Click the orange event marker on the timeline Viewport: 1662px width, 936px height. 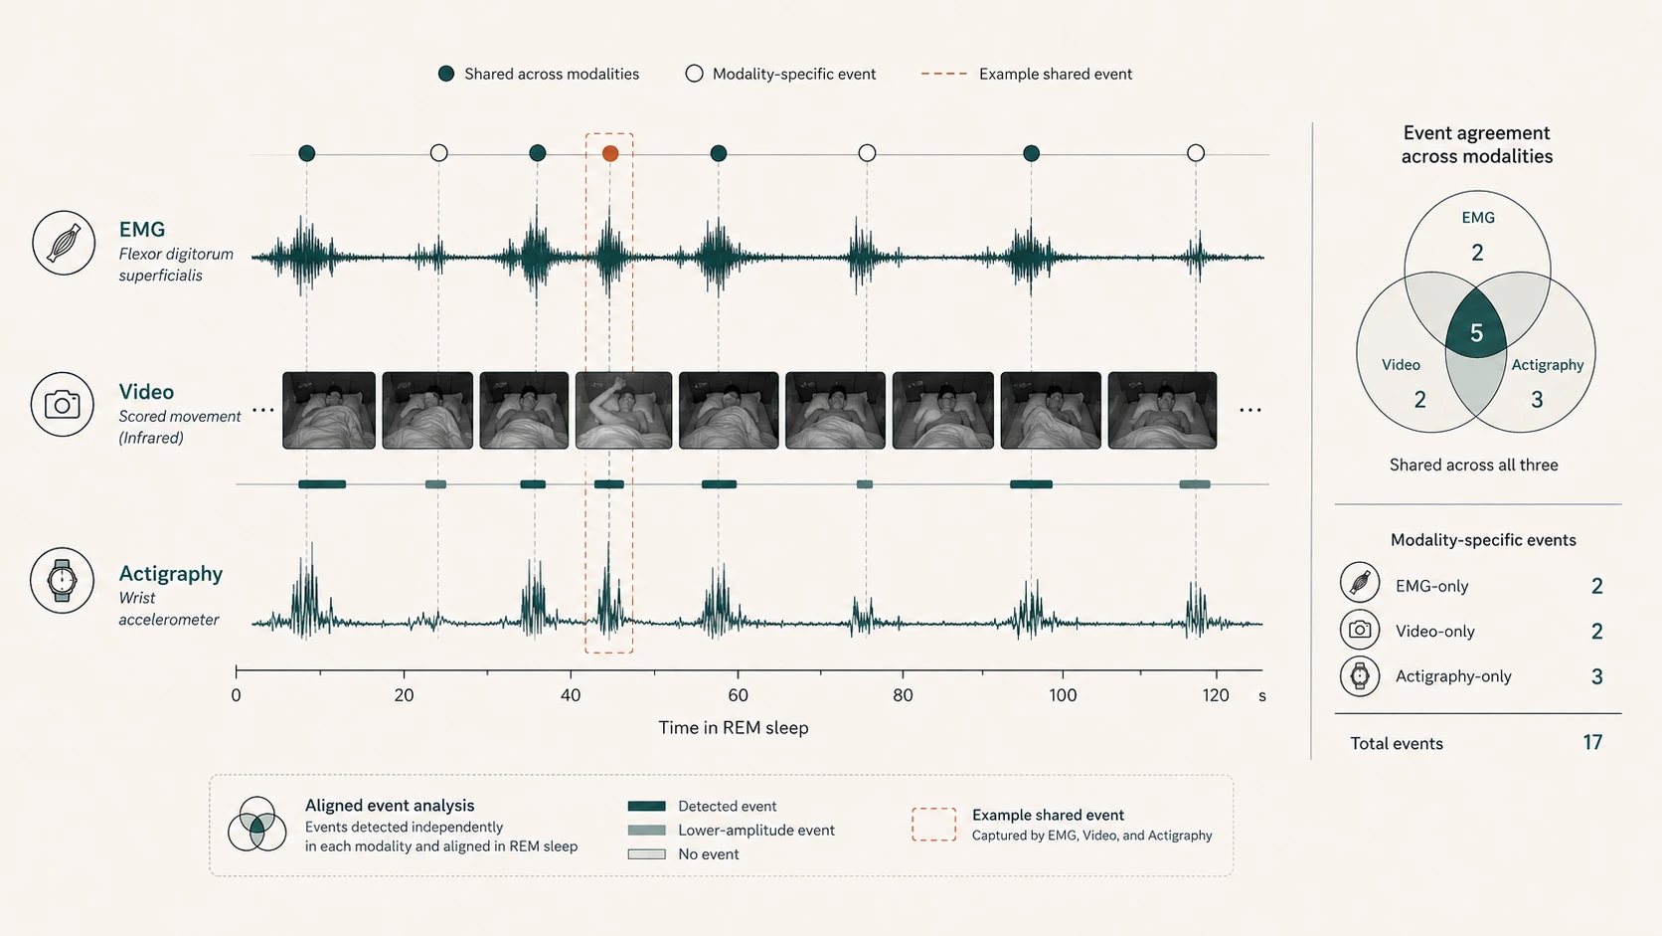click(x=610, y=153)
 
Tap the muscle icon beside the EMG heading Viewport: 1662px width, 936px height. click(x=64, y=243)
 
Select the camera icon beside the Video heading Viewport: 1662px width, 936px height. click(x=63, y=405)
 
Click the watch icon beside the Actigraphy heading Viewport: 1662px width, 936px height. click(x=63, y=581)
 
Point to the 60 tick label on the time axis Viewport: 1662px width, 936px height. click(x=738, y=695)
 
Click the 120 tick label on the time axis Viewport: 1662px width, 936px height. click(x=1216, y=695)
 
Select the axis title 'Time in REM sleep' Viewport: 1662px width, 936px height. click(x=733, y=727)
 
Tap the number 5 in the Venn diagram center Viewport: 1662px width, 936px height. click(x=1476, y=333)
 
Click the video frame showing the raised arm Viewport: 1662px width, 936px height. click(x=623, y=411)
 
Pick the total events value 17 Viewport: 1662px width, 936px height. click(x=1592, y=742)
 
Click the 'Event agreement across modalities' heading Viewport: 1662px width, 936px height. click(x=1476, y=145)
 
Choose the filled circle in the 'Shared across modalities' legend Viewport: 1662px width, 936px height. click(x=446, y=74)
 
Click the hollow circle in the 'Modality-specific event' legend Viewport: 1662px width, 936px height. click(x=694, y=74)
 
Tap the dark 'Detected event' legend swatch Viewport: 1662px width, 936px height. click(x=646, y=806)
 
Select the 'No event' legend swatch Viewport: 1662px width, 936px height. click(x=646, y=854)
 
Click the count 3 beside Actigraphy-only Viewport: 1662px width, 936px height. click(x=1596, y=677)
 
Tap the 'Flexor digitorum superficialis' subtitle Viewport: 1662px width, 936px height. click(x=176, y=265)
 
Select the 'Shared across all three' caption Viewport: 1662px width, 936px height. click(x=1473, y=465)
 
